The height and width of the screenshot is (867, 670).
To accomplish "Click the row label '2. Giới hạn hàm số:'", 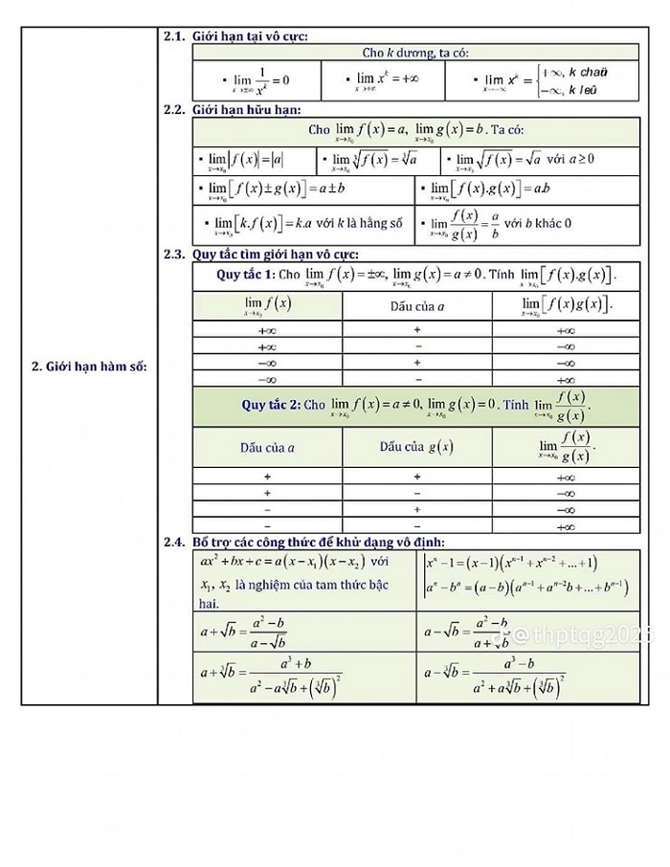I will [89, 365].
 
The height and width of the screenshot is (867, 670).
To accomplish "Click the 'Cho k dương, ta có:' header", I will [415, 53].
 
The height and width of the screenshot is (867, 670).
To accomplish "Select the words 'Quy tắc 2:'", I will [271, 405].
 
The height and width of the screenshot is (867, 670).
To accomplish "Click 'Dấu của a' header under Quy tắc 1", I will [417, 306].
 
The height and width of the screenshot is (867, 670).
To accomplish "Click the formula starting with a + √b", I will [243, 632].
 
